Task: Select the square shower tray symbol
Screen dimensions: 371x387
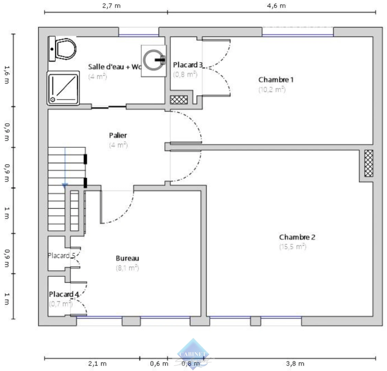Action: point(63,88)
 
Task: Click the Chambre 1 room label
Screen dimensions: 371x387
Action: point(276,80)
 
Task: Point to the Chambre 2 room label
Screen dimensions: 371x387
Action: point(297,237)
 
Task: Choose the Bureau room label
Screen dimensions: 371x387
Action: point(127,258)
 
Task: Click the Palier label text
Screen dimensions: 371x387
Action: point(118,135)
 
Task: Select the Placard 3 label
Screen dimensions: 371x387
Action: point(188,65)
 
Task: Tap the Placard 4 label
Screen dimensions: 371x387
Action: point(64,294)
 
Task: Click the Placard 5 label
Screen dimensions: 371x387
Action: point(61,256)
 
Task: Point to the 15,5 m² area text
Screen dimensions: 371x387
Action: point(292,247)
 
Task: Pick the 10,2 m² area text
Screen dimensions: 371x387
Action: point(272,89)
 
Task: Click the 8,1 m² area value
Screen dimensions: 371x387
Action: point(127,268)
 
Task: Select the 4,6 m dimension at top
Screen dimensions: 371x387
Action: point(276,6)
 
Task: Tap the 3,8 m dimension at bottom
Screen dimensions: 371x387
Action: point(295,363)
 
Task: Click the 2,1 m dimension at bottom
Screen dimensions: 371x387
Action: point(97,363)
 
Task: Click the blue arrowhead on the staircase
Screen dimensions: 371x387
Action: point(65,186)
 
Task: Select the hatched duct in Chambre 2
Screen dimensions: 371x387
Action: point(368,163)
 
